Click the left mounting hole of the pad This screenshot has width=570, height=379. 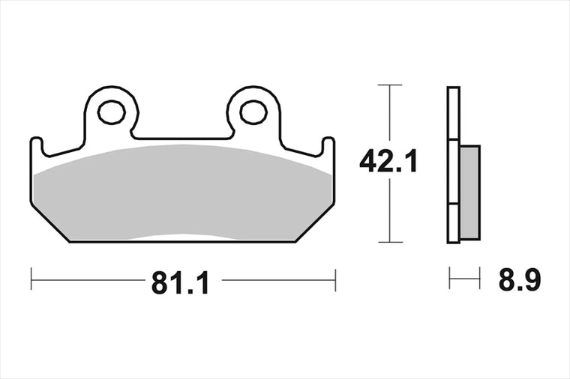112,112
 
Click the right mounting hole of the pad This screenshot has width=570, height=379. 253,112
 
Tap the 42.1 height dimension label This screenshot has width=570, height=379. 388,161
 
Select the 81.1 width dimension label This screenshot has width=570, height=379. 180,283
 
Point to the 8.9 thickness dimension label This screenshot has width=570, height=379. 520,279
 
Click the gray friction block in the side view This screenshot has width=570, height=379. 469,192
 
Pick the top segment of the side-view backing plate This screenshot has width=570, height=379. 453,113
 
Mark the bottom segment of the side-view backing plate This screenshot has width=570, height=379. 453,223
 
